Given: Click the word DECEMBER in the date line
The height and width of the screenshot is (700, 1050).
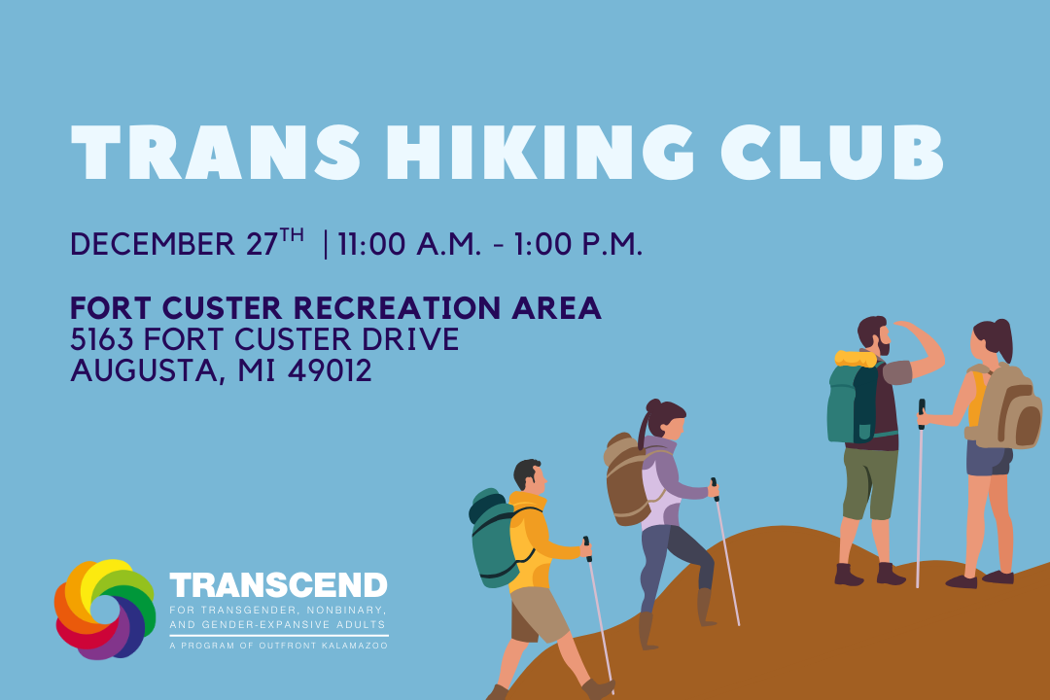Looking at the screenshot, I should [154, 244].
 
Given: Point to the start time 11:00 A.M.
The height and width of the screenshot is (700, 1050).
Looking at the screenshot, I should [409, 244].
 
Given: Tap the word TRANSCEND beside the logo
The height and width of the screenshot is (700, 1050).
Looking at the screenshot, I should [278, 585].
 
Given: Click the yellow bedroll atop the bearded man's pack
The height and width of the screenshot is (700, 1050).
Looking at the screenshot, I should [856, 358].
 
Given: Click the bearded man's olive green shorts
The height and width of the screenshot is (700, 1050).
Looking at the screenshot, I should [869, 481].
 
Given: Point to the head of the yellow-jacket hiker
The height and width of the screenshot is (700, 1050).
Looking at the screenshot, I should [528, 474].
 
